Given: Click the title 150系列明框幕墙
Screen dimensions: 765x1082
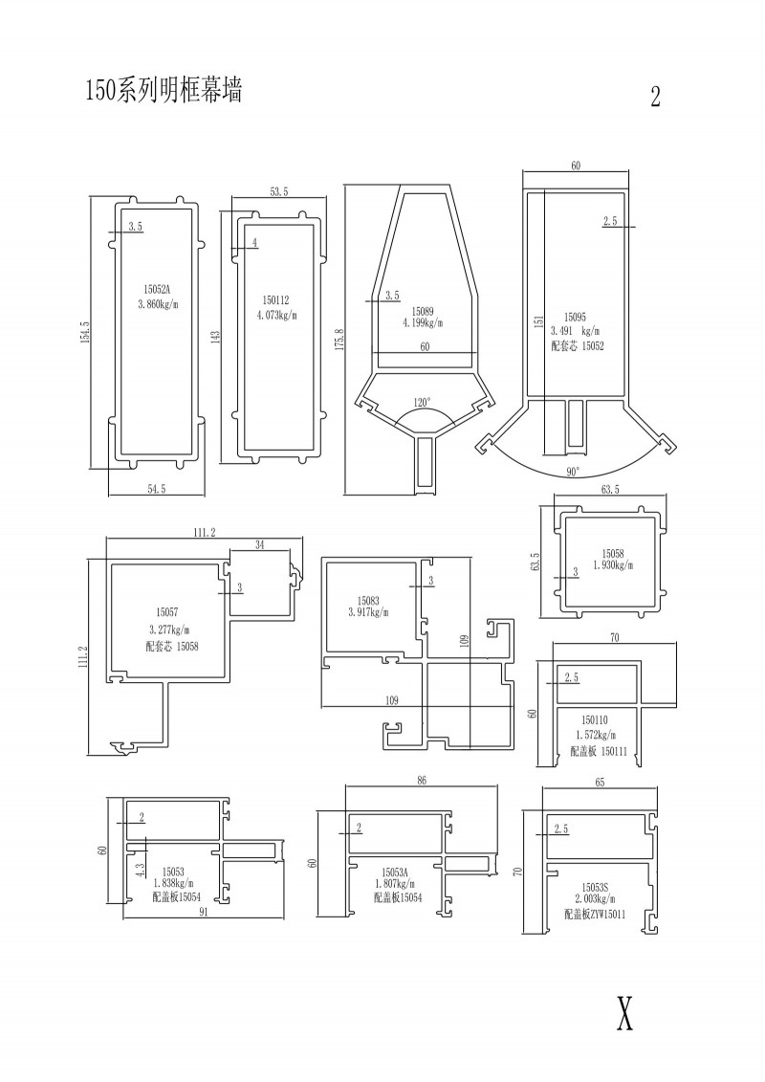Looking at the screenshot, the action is coord(164,90).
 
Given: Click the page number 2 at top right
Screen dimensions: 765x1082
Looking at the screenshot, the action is coord(655,97).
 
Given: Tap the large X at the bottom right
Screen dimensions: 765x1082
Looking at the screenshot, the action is coord(624,1014).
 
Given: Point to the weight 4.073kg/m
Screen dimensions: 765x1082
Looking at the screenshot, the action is coord(280,316).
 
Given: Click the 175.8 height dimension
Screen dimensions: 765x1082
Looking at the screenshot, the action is coord(339,341).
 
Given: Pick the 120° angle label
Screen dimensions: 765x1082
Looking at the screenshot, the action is coord(422,402).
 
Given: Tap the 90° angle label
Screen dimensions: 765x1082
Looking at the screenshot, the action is coord(573,472).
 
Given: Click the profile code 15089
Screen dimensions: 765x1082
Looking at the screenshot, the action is coord(422,312).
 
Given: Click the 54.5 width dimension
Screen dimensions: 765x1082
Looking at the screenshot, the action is coord(157,489).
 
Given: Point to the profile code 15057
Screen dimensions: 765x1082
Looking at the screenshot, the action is coord(167,611).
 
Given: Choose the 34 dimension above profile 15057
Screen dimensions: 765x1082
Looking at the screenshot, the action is coord(260,545).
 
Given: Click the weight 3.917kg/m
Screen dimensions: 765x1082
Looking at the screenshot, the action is coord(368,612).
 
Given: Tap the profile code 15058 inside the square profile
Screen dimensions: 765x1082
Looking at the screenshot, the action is coord(613,553).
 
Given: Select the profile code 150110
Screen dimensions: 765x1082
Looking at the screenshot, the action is coord(594,720).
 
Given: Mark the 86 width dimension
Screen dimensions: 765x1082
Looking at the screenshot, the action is coord(422,781).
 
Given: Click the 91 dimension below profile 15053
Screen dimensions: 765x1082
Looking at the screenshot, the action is coord(205,912).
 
